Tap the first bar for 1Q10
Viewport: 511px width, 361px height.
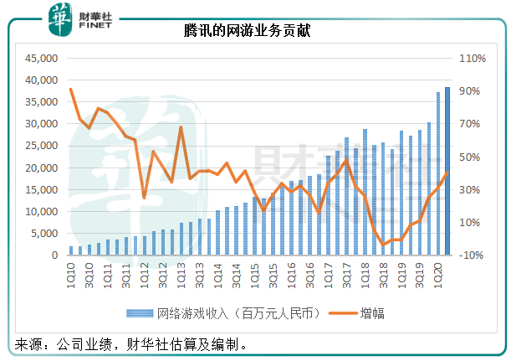click(72, 250)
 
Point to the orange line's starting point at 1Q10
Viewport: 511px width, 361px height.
click(72, 90)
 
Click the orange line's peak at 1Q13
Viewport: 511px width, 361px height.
click(181, 127)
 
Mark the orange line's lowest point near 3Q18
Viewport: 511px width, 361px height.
click(384, 245)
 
